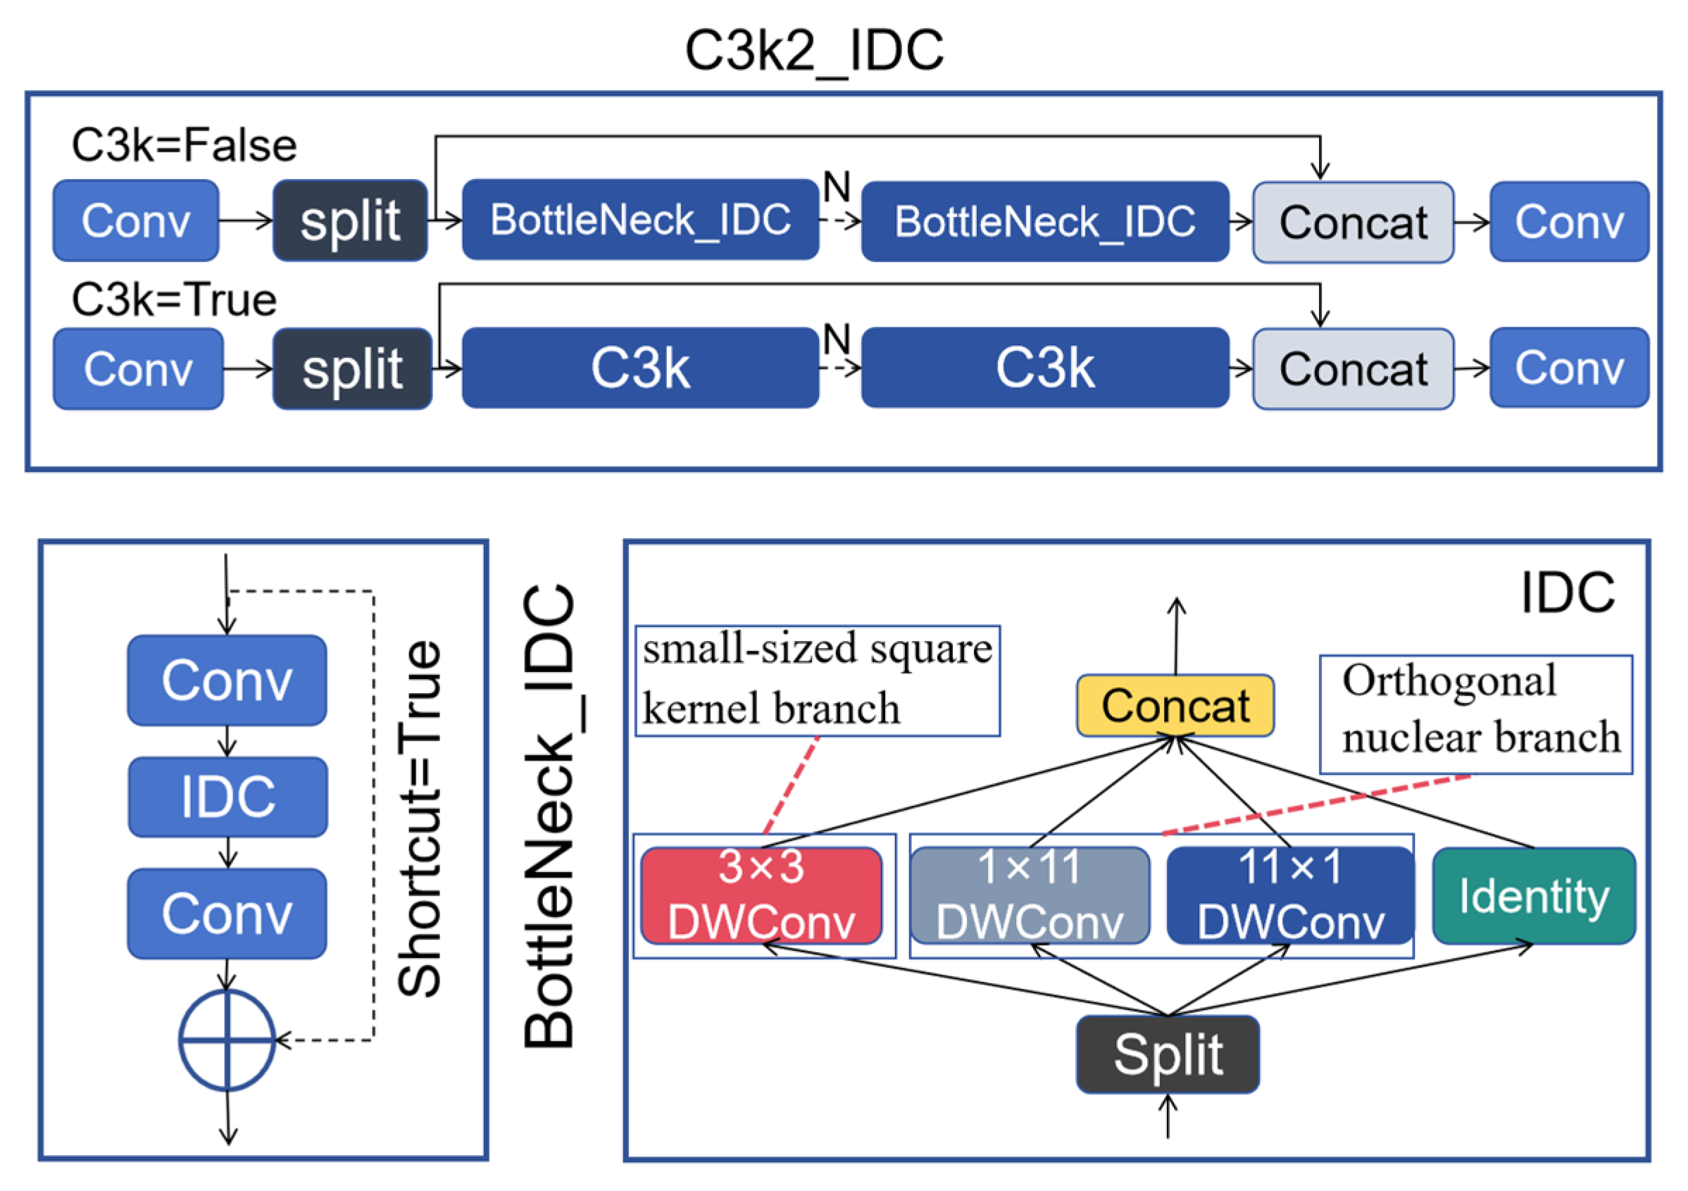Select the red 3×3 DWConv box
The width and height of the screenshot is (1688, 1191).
pyautogui.click(x=761, y=894)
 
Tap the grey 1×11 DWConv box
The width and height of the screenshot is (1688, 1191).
pyautogui.click(x=1030, y=894)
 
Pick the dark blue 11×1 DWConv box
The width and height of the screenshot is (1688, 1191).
pyautogui.click(x=1289, y=894)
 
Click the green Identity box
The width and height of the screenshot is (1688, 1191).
pyautogui.click(x=1534, y=895)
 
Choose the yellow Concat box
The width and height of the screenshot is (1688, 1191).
pyautogui.click(x=1175, y=706)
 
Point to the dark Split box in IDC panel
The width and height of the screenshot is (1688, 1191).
pyautogui.click(x=1168, y=1054)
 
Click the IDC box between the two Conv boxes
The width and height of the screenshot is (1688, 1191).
pyautogui.click(x=228, y=797)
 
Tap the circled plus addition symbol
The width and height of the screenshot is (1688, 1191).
pyautogui.click(x=227, y=1040)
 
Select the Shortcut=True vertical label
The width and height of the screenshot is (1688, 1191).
pyautogui.click(x=419, y=818)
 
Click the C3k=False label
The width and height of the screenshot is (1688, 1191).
pyautogui.click(x=184, y=145)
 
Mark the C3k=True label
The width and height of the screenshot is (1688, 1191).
pyautogui.click(x=173, y=299)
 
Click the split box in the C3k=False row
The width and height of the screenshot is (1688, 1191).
pyautogui.click(x=350, y=220)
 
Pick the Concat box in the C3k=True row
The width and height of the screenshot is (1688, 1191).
pyautogui.click(x=1353, y=368)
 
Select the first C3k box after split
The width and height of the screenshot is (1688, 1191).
pyautogui.click(x=640, y=368)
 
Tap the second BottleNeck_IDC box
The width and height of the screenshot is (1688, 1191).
pyautogui.click(x=1045, y=221)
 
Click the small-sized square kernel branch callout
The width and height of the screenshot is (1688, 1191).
pyautogui.click(x=817, y=680)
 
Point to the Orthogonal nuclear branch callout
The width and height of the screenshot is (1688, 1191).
pyautogui.click(x=1475, y=714)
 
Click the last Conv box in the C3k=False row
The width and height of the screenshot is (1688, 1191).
pyautogui.click(x=1569, y=221)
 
